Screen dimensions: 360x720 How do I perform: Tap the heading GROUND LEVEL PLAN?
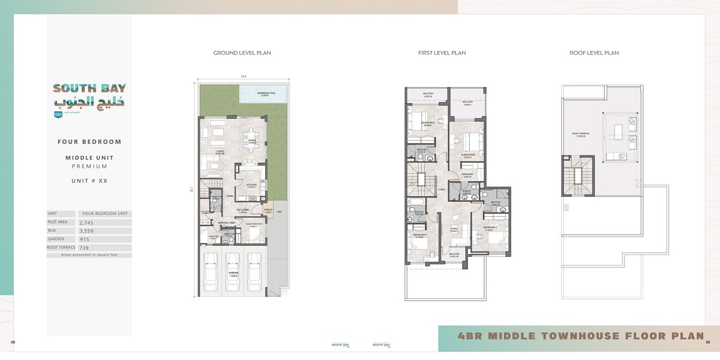242,53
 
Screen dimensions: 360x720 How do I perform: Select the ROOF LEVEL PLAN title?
594,53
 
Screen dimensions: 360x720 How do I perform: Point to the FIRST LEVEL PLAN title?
442,53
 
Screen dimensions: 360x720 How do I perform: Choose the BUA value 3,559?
88,230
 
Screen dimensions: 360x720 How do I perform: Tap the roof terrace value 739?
85,247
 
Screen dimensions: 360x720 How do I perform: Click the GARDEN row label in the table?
58,239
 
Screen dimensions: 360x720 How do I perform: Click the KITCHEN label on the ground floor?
251,185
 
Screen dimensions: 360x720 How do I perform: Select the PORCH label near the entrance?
268,210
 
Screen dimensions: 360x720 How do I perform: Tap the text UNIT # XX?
89,181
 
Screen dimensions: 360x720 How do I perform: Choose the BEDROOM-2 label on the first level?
489,228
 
